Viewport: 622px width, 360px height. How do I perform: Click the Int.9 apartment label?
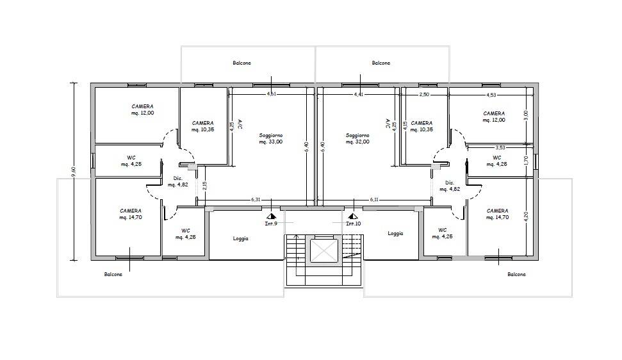pos(270,224)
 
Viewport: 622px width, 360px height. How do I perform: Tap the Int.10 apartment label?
pos(352,224)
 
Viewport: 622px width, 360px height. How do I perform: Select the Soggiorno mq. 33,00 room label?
pos(271,139)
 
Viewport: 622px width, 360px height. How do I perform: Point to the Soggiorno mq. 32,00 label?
pos(357,139)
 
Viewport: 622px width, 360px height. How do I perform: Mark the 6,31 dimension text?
pos(256,200)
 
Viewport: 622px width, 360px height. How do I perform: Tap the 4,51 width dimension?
pos(272,95)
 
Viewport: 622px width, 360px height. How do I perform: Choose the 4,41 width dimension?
pos(359,95)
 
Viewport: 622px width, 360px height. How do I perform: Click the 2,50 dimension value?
pos(424,95)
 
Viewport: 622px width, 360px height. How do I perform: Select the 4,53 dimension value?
pos(491,95)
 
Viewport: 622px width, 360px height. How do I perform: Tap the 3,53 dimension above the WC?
pos(501,147)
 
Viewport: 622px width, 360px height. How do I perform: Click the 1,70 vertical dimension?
pos(526,160)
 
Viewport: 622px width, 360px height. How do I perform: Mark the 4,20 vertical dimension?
pos(526,217)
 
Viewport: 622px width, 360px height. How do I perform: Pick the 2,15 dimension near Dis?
pos(204,185)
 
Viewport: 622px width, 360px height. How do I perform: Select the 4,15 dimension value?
pos(395,126)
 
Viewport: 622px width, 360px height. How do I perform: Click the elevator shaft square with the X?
pos(323,250)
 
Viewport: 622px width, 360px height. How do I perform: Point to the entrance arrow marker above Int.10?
pos(352,217)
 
